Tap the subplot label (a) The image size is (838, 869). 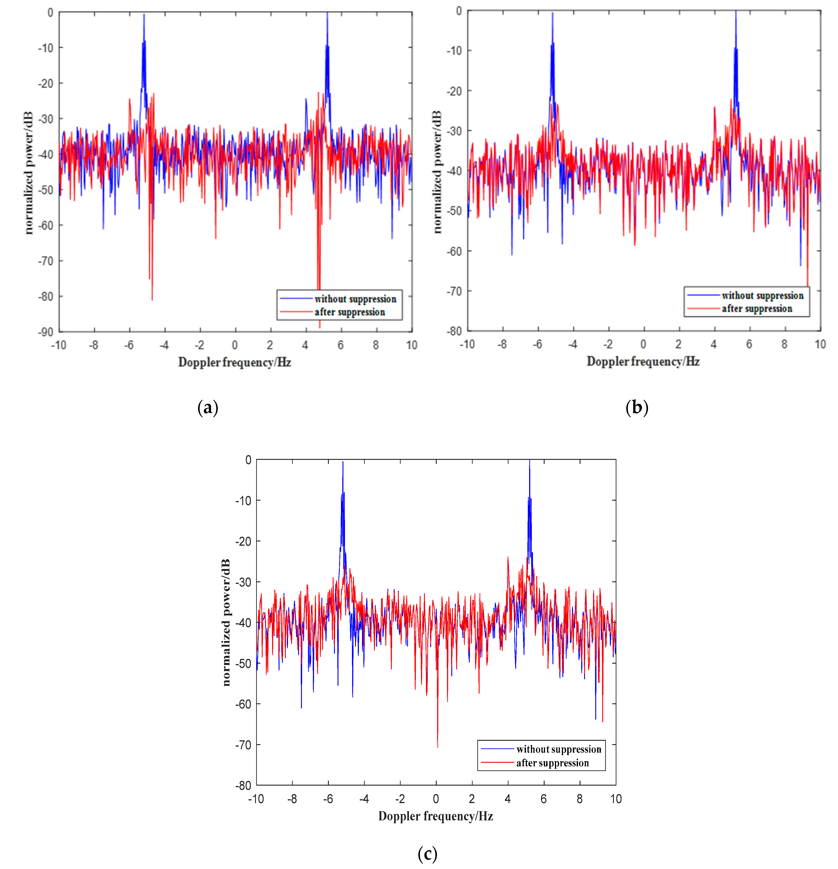[x=208, y=407]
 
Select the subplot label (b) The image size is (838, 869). [x=637, y=407]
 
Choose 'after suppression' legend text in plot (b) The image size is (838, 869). [x=757, y=308]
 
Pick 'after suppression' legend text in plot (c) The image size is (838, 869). [x=552, y=763]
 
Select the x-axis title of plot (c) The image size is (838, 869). [x=436, y=816]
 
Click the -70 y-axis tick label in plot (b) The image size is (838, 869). [x=454, y=291]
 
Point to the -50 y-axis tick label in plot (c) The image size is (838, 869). [x=243, y=664]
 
